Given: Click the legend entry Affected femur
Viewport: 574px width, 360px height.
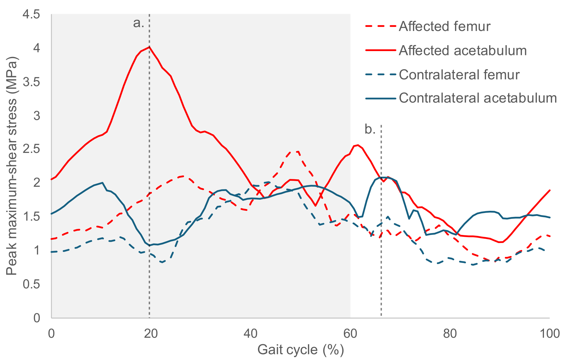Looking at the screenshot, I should click(444, 27).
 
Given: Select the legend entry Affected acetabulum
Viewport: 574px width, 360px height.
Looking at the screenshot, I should click(462, 51).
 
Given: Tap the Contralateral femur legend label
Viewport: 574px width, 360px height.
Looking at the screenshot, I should click(459, 75).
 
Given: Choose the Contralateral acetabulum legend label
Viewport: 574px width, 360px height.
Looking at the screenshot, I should click(477, 98).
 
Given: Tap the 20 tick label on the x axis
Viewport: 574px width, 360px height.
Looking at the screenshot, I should click(151, 334).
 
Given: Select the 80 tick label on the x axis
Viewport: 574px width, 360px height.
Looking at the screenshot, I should click(450, 334).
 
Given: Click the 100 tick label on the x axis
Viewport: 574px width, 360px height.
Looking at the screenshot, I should click(550, 334).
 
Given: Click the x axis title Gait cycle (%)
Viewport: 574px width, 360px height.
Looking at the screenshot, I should click(300, 350).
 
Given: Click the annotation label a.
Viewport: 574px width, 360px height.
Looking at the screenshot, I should click(138, 23).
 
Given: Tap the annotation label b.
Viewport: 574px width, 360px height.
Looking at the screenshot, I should click(370, 129).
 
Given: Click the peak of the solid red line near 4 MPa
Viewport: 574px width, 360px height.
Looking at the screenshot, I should click(150, 47).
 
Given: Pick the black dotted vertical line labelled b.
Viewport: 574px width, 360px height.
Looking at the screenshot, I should click(381, 217).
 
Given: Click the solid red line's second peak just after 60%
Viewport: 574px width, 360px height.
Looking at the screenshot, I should click(358, 145).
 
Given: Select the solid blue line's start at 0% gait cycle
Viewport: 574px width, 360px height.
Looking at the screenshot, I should click(51, 214).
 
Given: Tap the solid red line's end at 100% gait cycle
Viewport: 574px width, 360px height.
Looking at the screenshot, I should click(550, 190).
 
